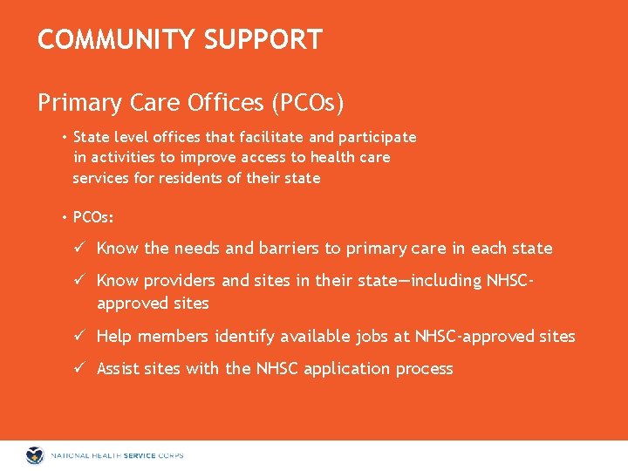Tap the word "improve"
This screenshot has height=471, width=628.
click(210, 157)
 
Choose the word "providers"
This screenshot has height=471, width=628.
click(180, 281)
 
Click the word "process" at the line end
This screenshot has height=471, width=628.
click(424, 369)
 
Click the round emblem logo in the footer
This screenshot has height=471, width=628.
click(35, 455)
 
